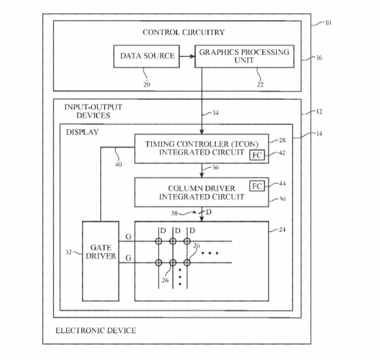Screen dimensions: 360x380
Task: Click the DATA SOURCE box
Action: pos(147,56)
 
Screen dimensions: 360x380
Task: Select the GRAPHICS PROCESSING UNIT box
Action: pos(245,56)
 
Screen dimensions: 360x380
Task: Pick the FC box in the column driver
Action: pos(257,186)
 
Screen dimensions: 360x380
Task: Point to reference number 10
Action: pos(326,23)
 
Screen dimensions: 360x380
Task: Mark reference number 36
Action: pos(216,167)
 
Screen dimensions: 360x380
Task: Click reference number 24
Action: pos(282,230)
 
